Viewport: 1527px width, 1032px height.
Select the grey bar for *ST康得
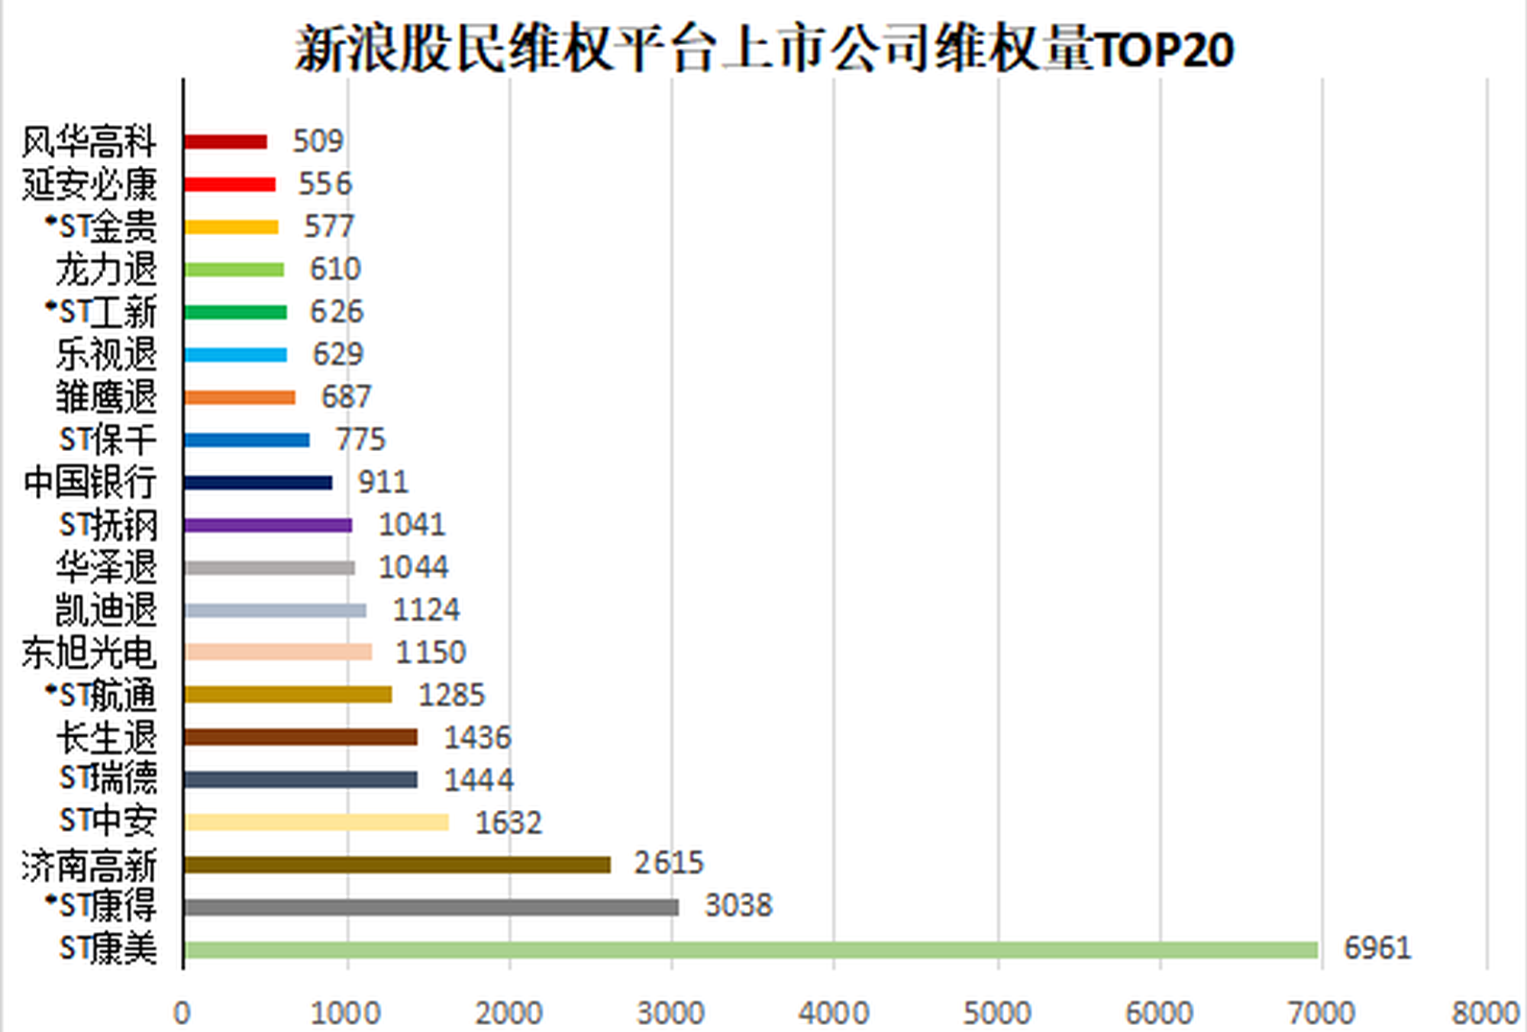[431, 907]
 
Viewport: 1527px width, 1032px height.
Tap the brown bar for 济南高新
[397, 864]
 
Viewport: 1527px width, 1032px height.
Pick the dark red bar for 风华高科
[225, 141]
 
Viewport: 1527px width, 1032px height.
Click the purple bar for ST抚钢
[268, 525]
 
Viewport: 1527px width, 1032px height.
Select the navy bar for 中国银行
[258, 482]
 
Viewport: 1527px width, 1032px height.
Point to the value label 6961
[1377, 948]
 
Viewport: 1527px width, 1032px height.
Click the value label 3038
[738, 905]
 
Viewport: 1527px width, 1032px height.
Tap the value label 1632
[508, 823]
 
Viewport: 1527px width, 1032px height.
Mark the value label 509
[318, 141]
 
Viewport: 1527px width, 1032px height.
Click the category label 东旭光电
[89, 653]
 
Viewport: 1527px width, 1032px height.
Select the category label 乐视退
[106, 354]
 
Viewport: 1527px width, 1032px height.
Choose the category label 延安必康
[89, 184]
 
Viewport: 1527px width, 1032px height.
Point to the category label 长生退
[106, 738]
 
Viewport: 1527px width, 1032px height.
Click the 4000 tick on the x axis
[834, 1013]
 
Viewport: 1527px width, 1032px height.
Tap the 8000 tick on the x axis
[1485, 1013]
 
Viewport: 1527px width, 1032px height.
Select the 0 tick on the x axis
[182, 1013]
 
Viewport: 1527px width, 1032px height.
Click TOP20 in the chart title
[1165, 50]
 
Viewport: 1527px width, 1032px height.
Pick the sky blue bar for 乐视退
[235, 355]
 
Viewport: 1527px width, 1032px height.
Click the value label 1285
[451, 695]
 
